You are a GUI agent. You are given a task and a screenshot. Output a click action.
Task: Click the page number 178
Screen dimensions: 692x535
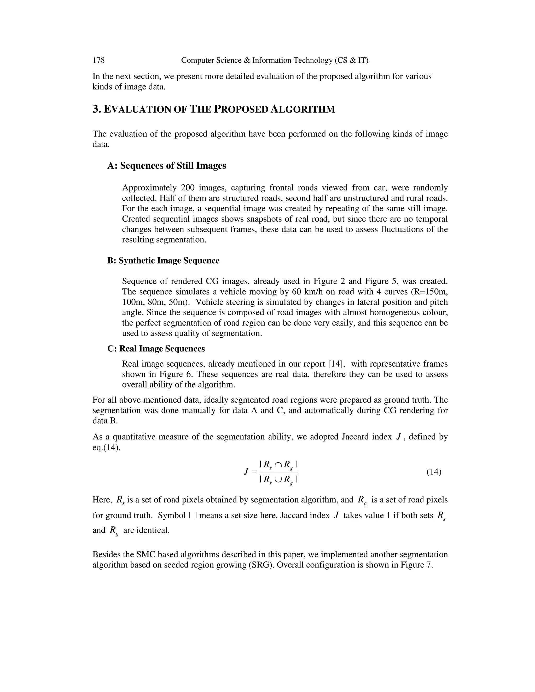[98, 60]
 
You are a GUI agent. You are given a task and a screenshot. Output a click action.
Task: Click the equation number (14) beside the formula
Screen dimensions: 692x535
[434, 472]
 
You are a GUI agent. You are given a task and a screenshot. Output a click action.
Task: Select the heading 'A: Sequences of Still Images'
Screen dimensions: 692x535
[167, 166]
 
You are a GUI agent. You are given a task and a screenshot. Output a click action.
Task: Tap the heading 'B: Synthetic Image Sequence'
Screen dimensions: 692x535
[163, 260]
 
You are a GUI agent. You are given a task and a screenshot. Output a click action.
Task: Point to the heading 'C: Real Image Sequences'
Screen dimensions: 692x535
[156, 349]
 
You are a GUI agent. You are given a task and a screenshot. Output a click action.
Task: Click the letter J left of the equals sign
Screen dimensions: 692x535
[246, 472]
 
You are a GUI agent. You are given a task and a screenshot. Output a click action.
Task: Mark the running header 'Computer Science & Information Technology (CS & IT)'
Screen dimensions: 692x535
[275, 60]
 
